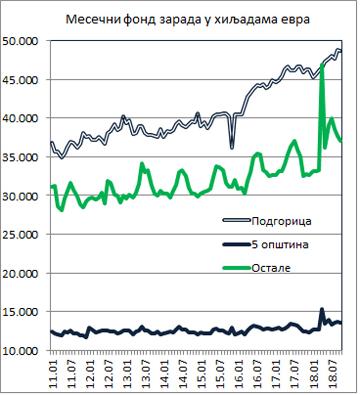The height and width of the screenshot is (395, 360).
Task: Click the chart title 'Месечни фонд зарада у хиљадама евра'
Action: coord(188,21)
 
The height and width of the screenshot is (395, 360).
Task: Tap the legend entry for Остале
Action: coord(271,268)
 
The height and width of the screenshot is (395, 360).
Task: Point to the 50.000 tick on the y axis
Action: coord(24,41)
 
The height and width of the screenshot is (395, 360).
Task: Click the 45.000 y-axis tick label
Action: coord(24,80)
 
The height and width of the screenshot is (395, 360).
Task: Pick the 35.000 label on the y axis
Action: coord(24,157)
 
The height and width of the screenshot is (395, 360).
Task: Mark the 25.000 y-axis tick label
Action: coord(24,234)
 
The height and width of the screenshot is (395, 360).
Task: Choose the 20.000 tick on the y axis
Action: coord(24,274)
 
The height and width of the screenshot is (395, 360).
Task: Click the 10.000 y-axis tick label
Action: coord(24,351)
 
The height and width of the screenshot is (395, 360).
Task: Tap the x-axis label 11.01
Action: coord(52,370)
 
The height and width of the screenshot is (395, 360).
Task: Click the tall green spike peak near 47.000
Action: coord(322,64)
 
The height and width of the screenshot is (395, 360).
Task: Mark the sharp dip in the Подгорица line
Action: coord(232,148)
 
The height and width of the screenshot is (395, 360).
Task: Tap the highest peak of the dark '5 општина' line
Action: coord(322,309)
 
